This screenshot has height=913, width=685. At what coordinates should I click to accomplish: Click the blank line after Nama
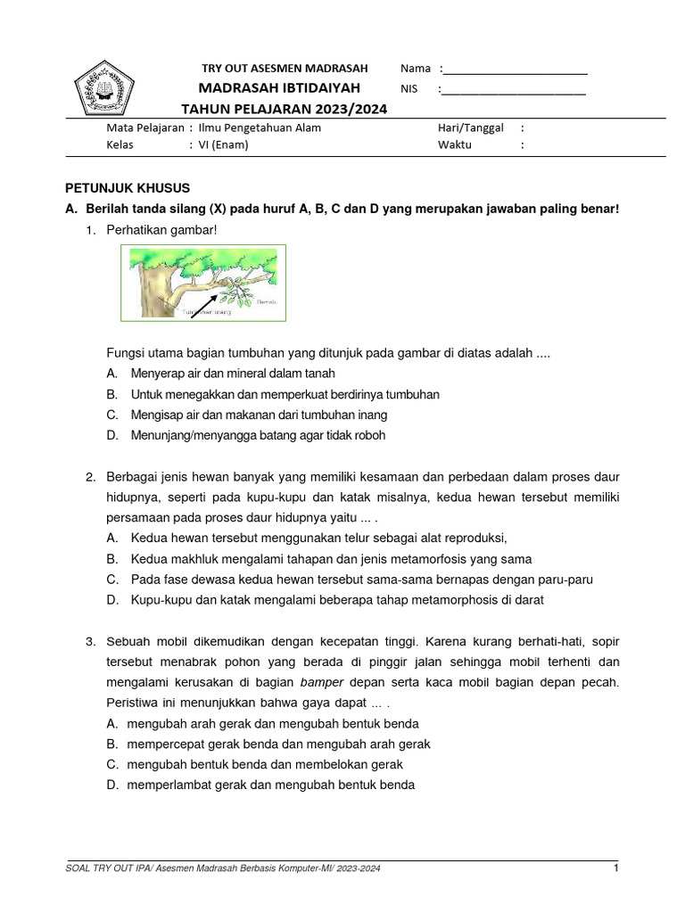[515, 70]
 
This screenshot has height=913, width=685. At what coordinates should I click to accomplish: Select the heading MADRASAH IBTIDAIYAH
[279, 88]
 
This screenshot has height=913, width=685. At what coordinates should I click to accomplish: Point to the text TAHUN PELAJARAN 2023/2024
[285, 109]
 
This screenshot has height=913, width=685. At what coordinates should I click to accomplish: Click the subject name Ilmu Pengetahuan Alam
[259, 127]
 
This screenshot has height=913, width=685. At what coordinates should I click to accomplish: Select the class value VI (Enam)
[223, 145]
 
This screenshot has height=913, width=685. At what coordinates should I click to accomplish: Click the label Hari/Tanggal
[470, 127]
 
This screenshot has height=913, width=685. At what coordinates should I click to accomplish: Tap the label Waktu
[454, 145]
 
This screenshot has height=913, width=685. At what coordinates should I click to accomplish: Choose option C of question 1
[259, 415]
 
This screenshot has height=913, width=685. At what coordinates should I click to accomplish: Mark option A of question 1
[233, 374]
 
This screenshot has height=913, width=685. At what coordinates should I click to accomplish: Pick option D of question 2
[336, 600]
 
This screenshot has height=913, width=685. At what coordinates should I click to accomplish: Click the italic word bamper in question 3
[321, 682]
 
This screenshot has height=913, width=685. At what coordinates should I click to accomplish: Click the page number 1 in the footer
[615, 868]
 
